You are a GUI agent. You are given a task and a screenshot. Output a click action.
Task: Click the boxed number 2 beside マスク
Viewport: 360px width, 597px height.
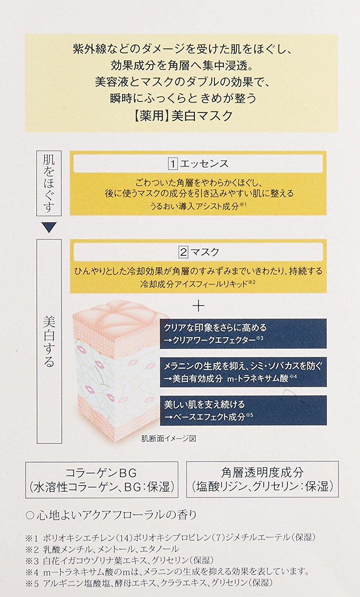pos(183,252)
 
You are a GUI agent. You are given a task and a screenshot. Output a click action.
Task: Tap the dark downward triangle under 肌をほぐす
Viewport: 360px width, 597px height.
pos(49,228)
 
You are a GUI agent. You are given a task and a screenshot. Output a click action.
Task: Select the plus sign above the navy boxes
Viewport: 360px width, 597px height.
pos(198,306)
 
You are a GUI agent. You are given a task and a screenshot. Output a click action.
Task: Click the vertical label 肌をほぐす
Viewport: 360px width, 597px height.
pos(49,183)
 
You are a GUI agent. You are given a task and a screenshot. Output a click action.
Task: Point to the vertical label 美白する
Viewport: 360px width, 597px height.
pos(49,341)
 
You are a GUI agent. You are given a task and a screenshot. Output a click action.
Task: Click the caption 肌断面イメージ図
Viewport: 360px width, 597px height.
pos(169,439)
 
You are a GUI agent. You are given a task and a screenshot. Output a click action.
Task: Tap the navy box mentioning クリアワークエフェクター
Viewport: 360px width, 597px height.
pos(243,334)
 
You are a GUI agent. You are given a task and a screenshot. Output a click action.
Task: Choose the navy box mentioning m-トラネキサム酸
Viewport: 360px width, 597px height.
pos(243,372)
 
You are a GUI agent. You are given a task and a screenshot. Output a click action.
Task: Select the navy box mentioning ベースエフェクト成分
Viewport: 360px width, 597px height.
pos(243,410)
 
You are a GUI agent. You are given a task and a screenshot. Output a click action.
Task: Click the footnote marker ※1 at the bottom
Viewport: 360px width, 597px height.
pos(32,538)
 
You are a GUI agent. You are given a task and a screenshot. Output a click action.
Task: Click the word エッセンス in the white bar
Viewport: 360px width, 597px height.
pos(205,164)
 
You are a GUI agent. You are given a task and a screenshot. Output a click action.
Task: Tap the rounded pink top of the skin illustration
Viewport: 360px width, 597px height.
pos(121,314)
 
